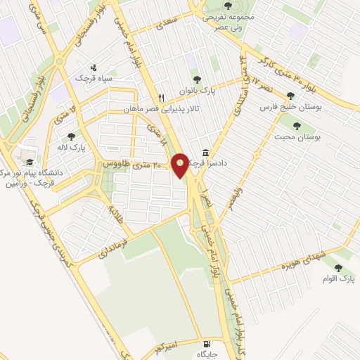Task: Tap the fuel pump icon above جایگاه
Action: (205, 345)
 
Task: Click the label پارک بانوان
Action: (196, 91)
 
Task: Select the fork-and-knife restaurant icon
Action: (162, 98)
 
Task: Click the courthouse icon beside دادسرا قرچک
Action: (205, 153)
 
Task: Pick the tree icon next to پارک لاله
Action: (71, 136)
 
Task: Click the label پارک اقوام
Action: (340, 280)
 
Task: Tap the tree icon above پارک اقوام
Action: (340, 268)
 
